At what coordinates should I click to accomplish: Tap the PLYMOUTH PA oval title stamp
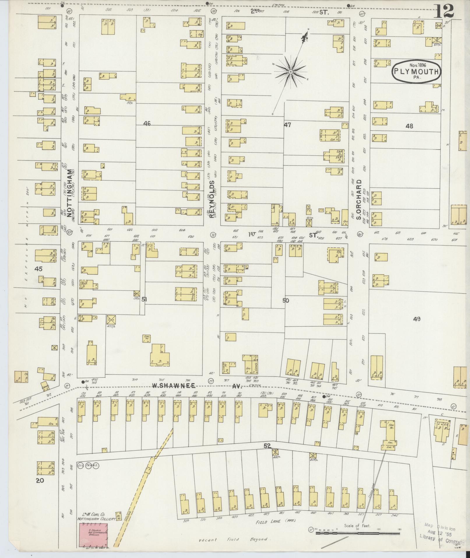click(x=416, y=71)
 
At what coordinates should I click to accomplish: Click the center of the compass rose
click(x=291, y=71)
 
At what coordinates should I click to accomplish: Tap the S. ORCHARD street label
click(x=359, y=200)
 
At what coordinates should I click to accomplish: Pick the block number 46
click(x=147, y=124)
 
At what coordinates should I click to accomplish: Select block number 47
click(x=288, y=125)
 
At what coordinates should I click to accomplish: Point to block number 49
click(x=417, y=319)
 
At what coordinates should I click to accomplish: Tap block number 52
click(x=267, y=454)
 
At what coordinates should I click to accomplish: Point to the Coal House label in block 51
click(x=147, y=338)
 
